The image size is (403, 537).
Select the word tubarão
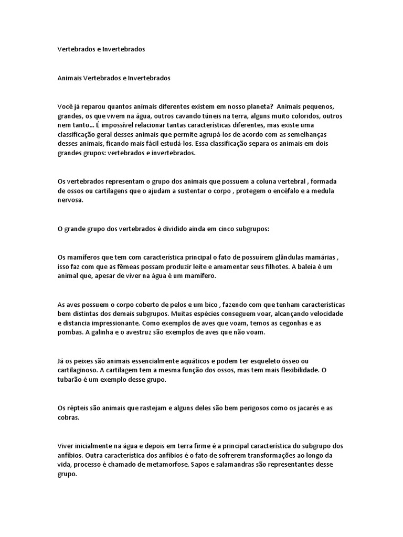tap(71, 380)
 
